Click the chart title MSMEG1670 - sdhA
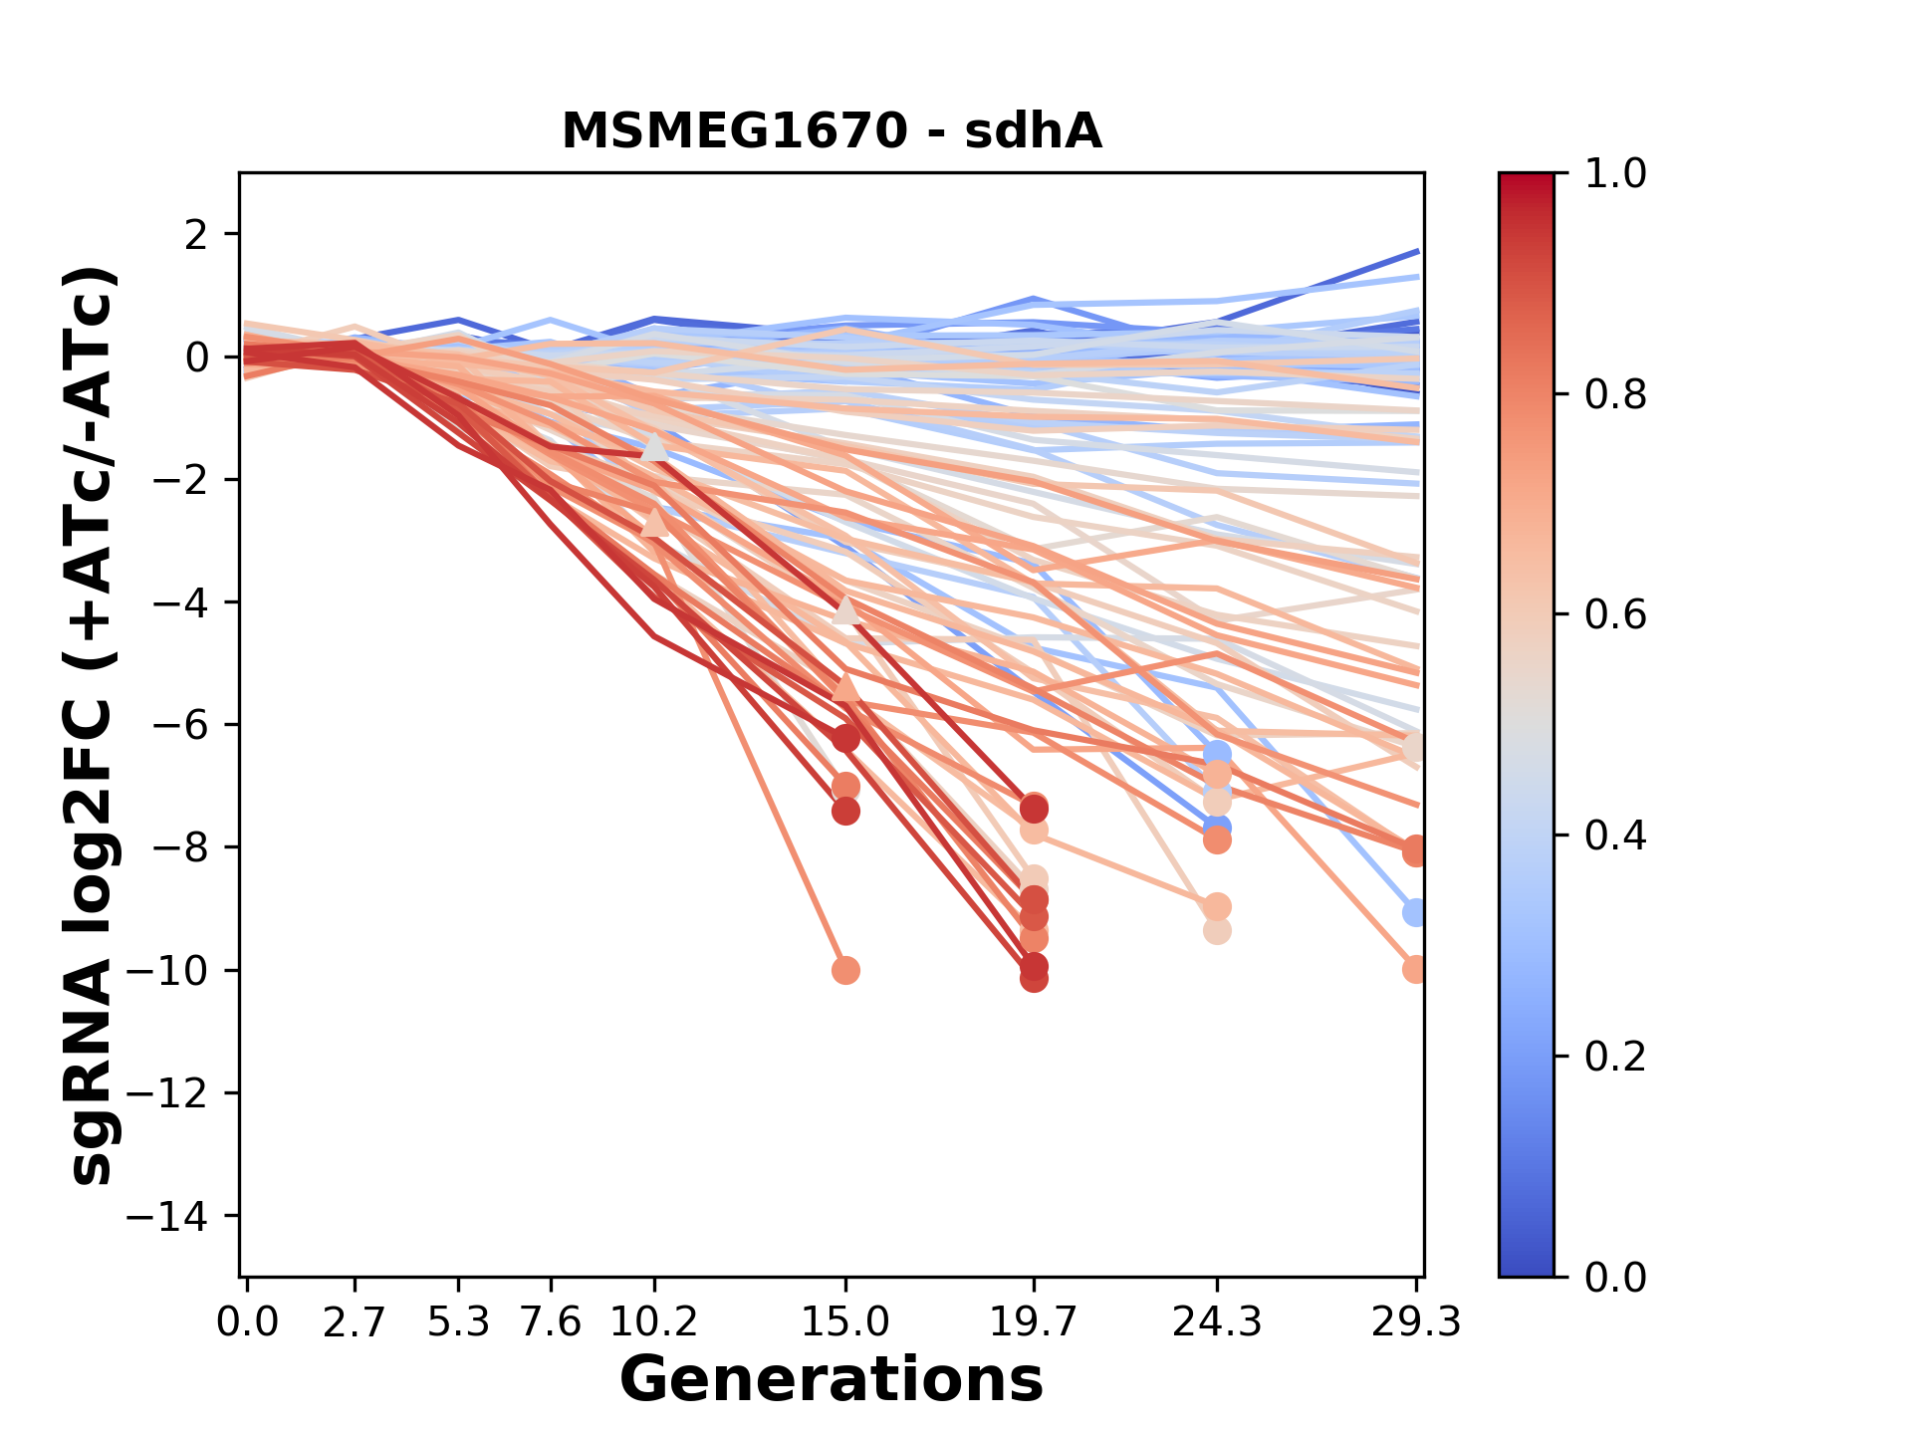[832, 131]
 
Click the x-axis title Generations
[832, 1380]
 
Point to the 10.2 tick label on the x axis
[653, 1322]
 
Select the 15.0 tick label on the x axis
[845, 1322]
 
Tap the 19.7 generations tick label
[1034, 1322]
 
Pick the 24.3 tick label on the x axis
[1217, 1322]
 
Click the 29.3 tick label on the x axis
[1416, 1322]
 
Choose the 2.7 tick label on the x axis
[355, 1322]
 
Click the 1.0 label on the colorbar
[1615, 174]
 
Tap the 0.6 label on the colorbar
[1615, 615]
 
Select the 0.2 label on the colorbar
[1615, 1057]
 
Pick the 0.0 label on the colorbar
[1615, 1277]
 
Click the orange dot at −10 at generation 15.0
[845, 970]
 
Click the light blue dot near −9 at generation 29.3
[1414, 912]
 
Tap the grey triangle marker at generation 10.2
[654, 447]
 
